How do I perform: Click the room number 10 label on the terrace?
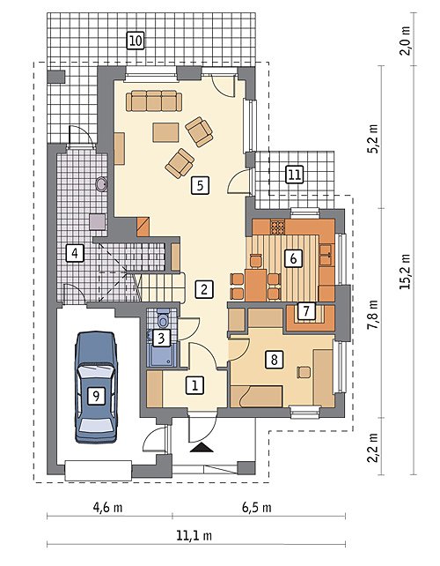click(x=136, y=40)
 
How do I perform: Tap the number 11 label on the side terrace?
click(x=294, y=175)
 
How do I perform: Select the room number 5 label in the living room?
click(x=201, y=185)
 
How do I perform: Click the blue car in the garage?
click(x=96, y=387)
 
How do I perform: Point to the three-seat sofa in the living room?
click(x=154, y=101)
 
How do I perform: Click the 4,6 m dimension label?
click(x=107, y=508)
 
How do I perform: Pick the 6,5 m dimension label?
click(x=257, y=508)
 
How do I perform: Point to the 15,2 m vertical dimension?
click(x=406, y=271)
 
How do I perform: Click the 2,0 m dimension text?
click(x=406, y=41)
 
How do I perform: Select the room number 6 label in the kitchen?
click(x=293, y=258)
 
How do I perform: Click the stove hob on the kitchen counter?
click(x=277, y=227)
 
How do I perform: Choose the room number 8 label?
click(x=275, y=360)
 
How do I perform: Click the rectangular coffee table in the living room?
click(x=165, y=132)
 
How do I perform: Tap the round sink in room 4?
click(x=101, y=184)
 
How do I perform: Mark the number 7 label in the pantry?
click(x=306, y=310)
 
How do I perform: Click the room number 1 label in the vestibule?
click(x=194, y=385)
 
